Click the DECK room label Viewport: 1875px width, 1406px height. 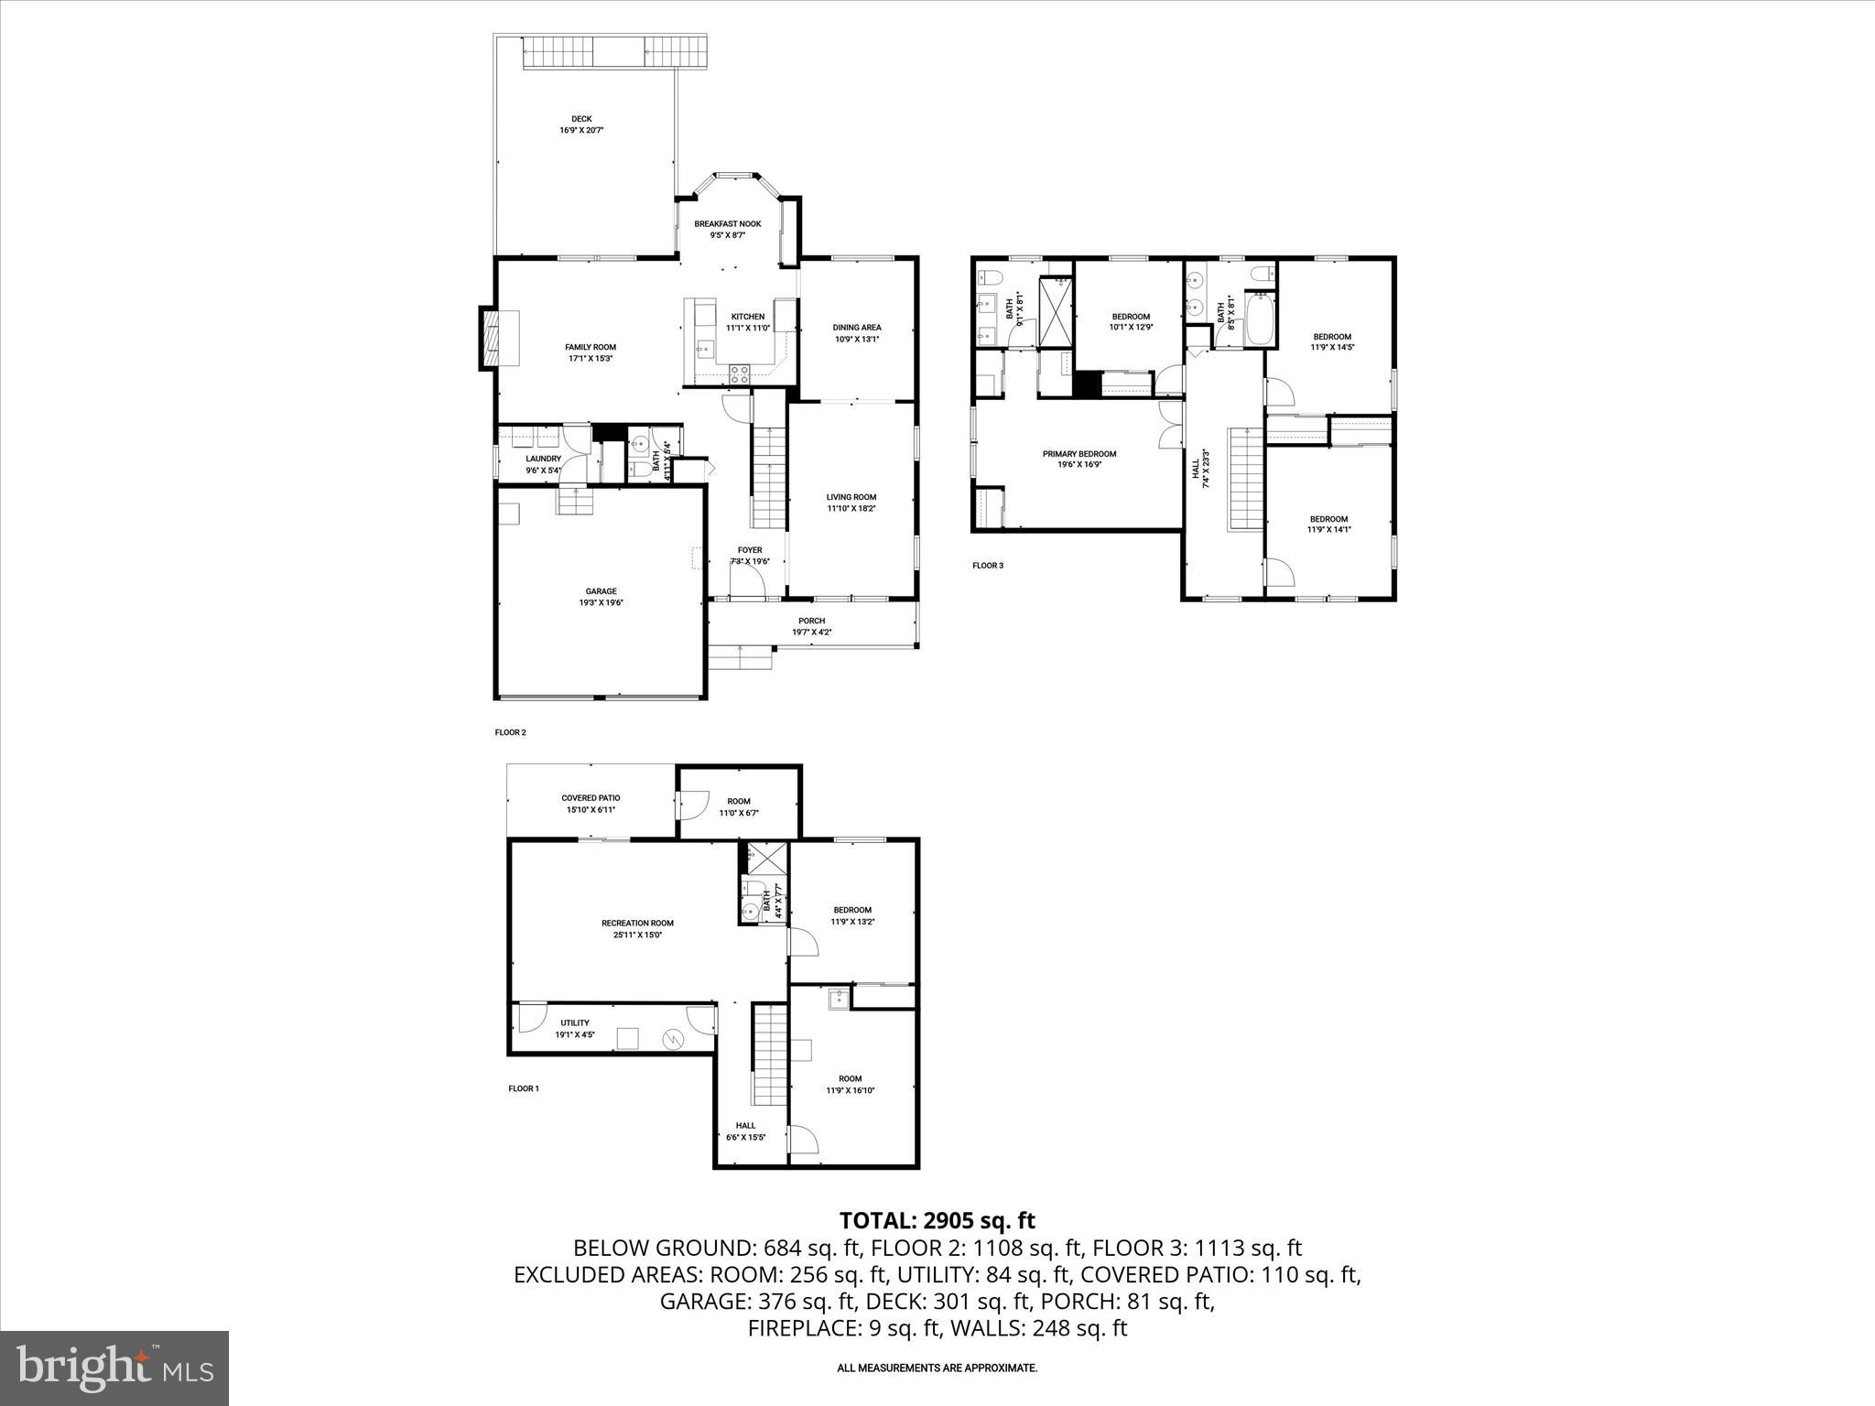pos(581,119)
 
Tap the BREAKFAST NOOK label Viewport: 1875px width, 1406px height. pos(727,224)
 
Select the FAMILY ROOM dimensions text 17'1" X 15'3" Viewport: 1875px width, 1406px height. pos(590,359)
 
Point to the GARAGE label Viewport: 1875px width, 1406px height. pos(601,591)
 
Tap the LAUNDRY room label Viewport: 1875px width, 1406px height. pos(543,460)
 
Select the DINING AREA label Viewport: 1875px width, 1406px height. pos(857,328)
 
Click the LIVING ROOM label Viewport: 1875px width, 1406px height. pos(851,497)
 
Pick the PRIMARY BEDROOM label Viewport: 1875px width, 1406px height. pos(1079,454)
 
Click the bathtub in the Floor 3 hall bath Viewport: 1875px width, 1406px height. pos(1261,319)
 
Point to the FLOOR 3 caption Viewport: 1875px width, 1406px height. pos(988,566)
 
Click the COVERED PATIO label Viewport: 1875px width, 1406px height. pos(591,798)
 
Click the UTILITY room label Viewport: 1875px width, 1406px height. pos(575,1023)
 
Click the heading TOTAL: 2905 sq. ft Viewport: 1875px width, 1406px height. pos(937,1220)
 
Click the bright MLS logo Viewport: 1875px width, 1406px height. pos(114,1367)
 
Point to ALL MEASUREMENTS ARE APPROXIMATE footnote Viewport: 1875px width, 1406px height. pos(937,1368)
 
